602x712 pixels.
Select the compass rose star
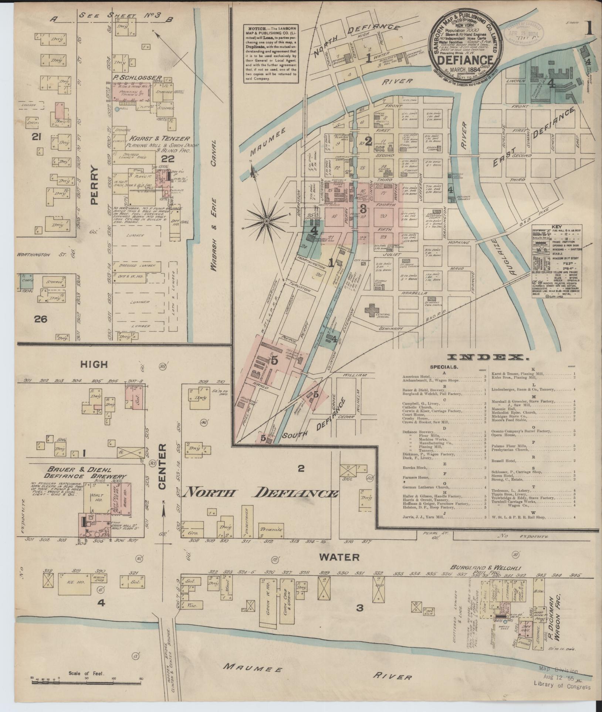[x=266, y=221]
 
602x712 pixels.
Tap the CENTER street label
[x=163, y=467]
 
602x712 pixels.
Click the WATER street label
[x=339, y=557]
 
